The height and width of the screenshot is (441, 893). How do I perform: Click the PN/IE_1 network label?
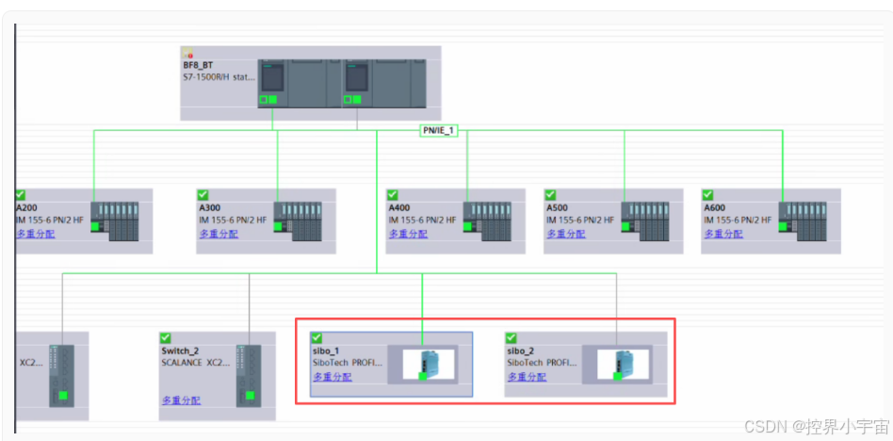click(439, 131)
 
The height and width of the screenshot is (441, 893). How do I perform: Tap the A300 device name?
click(210, 207)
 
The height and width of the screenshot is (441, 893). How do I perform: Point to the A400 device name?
click(399, 207)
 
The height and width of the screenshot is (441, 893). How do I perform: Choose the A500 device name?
click(558, 207)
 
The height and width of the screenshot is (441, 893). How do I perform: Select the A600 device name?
click(715, 207)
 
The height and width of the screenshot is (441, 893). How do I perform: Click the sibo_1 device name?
click(326, 351)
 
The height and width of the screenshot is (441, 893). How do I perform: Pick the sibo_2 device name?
click(521, 351)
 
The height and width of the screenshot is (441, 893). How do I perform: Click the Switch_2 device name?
click(180, 351)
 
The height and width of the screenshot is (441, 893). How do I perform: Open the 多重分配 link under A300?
click(218, 234)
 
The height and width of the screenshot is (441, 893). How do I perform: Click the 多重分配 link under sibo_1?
click(332, 377)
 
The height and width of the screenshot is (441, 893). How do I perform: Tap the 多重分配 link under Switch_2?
click(180, 400)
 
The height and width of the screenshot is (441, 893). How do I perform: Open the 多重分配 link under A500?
click(565, 234)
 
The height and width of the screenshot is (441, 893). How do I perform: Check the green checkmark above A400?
click(393, 194)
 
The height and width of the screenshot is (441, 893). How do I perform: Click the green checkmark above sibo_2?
click(511, 337)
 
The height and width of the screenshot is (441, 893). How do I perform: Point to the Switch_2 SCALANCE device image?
click(249, 375)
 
